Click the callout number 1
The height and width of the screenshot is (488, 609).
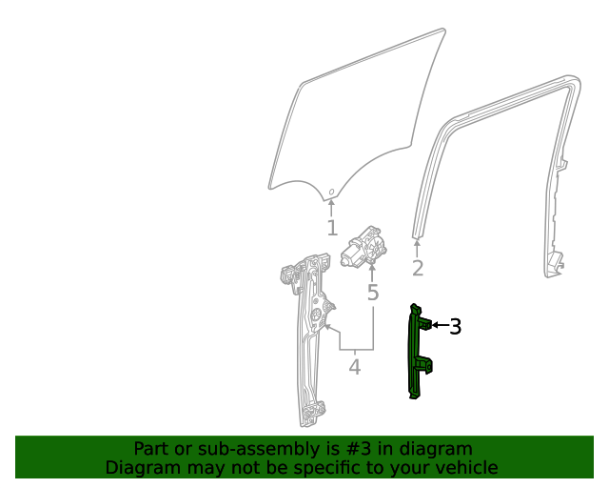pos(331,229)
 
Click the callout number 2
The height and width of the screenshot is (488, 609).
pos(417,268)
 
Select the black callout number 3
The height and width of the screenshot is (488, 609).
pos(456,327)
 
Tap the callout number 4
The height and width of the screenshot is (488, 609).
pos(354,366)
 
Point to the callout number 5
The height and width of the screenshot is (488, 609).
pos(372,292)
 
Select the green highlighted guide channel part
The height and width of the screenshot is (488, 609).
pos(416,353)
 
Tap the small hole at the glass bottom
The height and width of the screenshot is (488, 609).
pos(331,193)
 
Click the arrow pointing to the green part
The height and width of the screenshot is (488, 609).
pos(439,326)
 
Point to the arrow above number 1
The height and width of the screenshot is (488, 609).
pos(331,207)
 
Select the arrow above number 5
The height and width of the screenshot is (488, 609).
pos(372,272)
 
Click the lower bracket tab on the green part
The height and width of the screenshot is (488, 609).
pos(426,363)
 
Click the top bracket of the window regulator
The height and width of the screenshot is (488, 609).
pos(286,274)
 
